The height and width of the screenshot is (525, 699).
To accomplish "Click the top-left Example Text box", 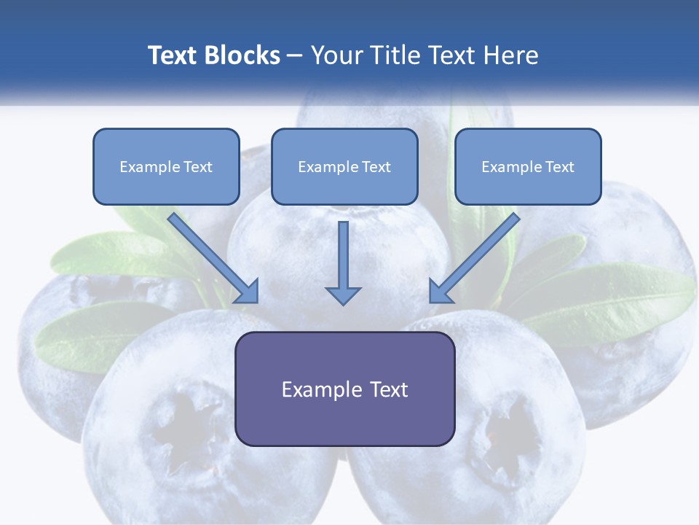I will click(166, 166).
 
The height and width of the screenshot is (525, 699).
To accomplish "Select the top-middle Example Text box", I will click(344, 166).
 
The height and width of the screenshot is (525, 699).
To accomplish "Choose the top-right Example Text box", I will click(528, 166).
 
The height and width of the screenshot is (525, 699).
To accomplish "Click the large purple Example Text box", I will click(344, 389).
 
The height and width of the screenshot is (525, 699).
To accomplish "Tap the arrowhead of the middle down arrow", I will click(343, 295).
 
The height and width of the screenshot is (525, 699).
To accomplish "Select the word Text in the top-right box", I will click(559, 167).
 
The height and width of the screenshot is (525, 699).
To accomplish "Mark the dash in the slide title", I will click(295, 56).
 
